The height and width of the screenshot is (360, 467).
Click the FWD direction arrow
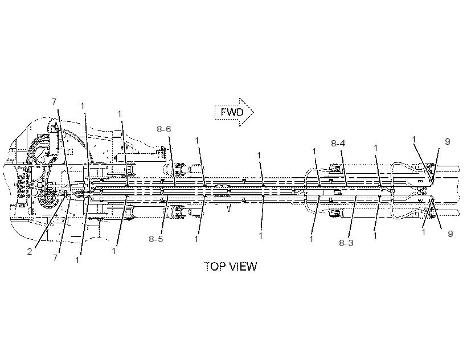235,112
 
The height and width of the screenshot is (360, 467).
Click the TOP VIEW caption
230,266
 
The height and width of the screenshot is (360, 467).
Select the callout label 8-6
164,129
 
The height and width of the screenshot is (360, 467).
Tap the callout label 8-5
156,239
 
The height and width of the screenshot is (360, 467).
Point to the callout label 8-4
338,143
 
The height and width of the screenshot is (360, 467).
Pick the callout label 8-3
346,243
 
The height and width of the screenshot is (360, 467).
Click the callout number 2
30,252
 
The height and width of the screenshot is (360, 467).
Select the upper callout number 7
54,102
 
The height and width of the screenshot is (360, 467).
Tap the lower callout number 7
55,257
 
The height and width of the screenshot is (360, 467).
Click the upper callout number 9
447,142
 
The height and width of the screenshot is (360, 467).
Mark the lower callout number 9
450,234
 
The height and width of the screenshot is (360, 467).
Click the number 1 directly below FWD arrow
259,156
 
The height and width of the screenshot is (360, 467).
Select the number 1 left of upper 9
414,140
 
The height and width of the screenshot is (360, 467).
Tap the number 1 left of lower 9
424,232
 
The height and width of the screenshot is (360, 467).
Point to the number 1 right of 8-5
196,239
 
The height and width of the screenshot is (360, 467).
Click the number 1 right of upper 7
82,106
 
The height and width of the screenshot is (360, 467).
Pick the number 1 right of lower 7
77,260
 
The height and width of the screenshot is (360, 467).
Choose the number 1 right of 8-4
376,148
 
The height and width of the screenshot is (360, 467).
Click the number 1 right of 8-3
375,235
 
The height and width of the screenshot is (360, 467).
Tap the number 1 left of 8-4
314,152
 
